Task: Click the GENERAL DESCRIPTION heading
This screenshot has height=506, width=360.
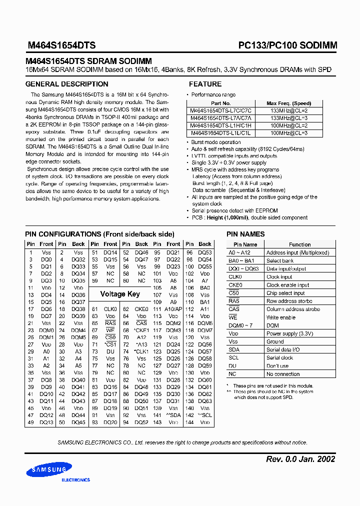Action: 66,84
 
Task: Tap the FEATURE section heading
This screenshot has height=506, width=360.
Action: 205,84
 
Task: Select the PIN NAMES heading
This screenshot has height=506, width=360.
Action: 245,234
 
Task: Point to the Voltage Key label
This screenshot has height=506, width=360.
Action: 120,294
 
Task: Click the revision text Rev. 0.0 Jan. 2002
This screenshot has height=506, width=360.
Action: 299,459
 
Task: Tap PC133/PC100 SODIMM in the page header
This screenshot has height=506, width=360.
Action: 287,45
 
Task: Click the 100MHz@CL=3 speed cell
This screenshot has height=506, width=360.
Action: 288,133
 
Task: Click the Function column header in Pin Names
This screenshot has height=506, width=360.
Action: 299,244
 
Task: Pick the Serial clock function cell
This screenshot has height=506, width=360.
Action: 279,357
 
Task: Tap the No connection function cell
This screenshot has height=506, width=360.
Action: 283,374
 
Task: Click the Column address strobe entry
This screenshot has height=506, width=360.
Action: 292,309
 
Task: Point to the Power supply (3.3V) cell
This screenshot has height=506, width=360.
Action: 289,333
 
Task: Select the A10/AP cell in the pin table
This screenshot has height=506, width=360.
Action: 173,309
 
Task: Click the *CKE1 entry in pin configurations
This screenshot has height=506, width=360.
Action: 141,330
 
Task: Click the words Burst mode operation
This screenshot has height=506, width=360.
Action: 215,142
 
